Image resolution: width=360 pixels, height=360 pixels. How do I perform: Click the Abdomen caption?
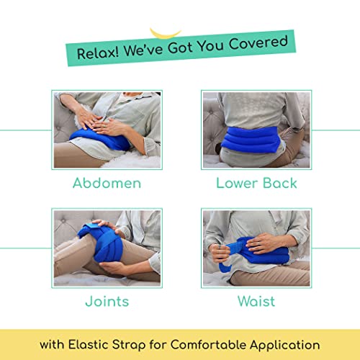pyautogui.click(x=107, y=183)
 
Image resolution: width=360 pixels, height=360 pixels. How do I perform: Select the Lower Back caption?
pyautogui.click(x=256, y=183)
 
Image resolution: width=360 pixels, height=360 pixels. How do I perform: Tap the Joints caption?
pyautogui.click(x=107, y=301)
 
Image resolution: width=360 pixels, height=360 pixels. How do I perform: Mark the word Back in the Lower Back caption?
pyautogui.click(x=282, y=183)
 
